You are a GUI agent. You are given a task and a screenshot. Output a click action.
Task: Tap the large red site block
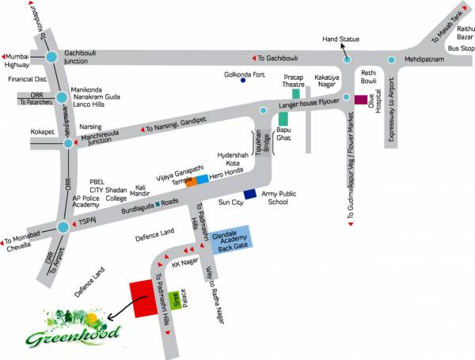coord(143,298)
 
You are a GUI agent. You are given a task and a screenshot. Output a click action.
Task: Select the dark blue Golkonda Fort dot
coord(243,80)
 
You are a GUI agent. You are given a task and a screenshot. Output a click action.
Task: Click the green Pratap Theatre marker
coord(295,93)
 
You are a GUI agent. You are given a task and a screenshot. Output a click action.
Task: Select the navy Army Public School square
coord(250,194)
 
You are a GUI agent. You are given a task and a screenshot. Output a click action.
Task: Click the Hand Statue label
coord(342,39)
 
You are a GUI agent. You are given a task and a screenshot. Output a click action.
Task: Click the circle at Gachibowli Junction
coord(51,57)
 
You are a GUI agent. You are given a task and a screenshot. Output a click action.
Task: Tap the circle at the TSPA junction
coord(63,227)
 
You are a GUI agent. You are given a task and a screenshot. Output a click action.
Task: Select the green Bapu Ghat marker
coord(282,119)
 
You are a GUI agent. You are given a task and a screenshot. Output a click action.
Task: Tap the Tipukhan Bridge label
coord(256,146)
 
